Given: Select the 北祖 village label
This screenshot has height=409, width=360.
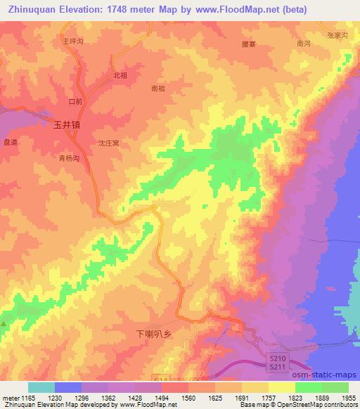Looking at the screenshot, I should click(120, 74).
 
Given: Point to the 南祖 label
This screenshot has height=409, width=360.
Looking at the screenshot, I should click(158, 89).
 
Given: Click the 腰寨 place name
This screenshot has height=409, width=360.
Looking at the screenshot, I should click(248, 43).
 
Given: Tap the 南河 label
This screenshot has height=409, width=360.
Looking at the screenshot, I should click(304, 44).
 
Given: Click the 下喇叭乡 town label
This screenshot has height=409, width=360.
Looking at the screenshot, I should click(153, 335).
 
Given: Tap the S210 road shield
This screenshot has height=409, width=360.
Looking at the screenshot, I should click(278, 358).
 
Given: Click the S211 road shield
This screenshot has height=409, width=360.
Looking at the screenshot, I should click(278, 367).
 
